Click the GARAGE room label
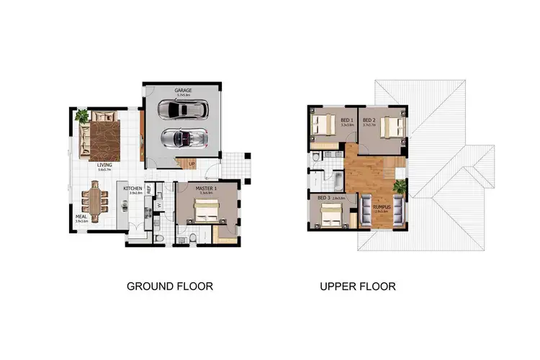click(182, 90)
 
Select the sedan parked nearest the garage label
click(184, 109)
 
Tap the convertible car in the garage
click(184, 136)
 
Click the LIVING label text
click(104, 164)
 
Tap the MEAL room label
click(81, 216)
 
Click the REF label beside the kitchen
click(149, 189)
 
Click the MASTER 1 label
click(206, 188)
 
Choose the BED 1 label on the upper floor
click(346, 120)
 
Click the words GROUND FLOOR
click(170, 287)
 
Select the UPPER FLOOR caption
click(358, 287)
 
